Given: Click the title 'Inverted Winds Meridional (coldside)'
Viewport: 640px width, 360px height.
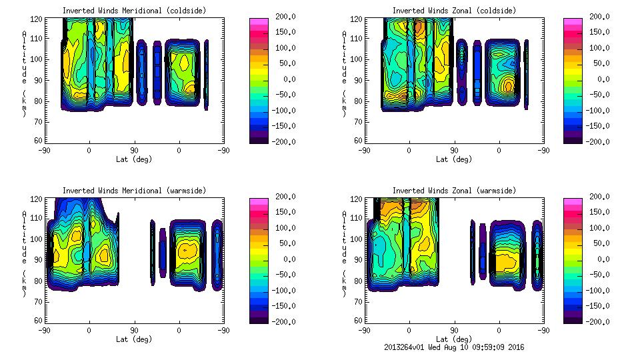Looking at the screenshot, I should [x=133, y=11].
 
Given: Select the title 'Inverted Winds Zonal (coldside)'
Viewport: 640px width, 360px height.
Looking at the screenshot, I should [x=454, y=11].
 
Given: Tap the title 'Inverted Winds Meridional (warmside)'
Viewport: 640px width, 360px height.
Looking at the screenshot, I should [x=133, y=191].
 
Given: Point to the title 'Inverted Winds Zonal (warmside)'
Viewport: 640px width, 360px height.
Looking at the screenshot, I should [x=454, y=191].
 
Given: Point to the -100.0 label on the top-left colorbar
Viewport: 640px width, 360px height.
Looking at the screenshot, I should [x=283, y=111].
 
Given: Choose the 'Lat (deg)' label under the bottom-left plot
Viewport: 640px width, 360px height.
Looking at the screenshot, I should [x=133, y=339].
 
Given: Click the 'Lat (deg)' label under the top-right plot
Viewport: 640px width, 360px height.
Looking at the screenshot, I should [x=454, y=159].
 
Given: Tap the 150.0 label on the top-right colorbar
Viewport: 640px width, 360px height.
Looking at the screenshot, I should [x=600, y=32].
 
